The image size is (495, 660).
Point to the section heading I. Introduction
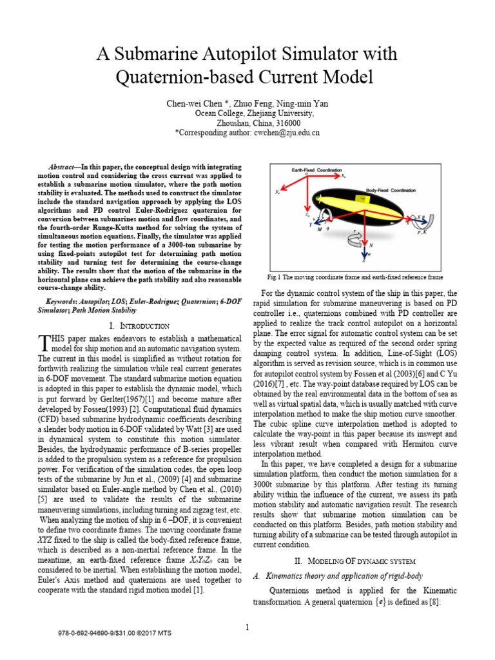click(x=139, y=326)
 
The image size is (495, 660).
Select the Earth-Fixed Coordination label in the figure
click(x=315, y=170)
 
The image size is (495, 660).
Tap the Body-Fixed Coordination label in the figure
click(x=391, y=191)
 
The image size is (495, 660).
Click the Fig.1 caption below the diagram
click(x=360, y=277)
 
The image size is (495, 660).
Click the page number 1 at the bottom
click(x=247, y=627)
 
